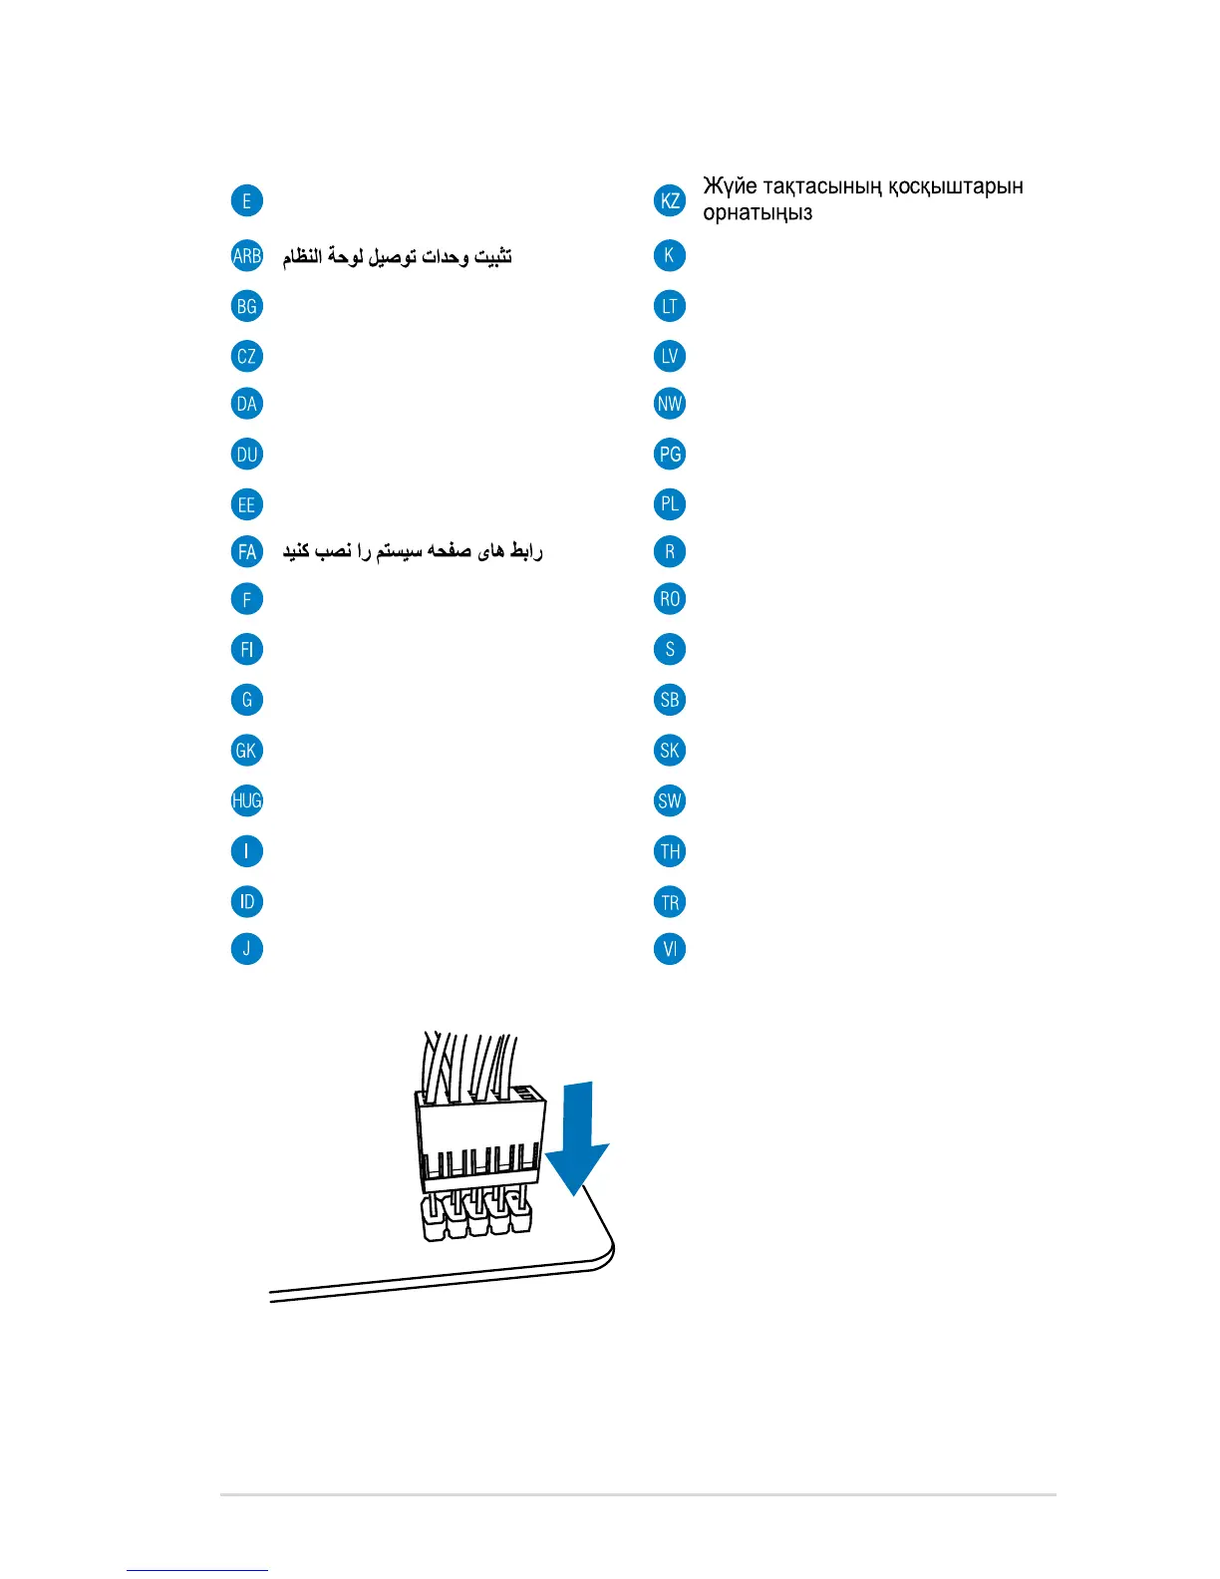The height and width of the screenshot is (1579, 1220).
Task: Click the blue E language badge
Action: pyautogui.click(x=246, y=200)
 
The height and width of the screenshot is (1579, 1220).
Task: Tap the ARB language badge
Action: pyautogui.click(x=246, y=255)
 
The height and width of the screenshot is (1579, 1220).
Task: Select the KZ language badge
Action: pyautogui.click(x=670, y=200)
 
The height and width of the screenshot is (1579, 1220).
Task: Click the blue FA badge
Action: pyautogui.click(x=246, y=551)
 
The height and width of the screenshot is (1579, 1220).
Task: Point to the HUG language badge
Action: pyautogui.click(x=246, y=800)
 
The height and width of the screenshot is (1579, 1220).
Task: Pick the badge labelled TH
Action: pyautogui.click(x=670, y=851)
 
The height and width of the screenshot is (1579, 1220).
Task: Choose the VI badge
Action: pyautogui.click(x=670, y=949)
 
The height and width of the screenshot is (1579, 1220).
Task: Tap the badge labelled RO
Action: pyautogui.click(x=670, y=599)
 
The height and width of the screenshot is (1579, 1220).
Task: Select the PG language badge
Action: pyautogui.click(x=670, y=455)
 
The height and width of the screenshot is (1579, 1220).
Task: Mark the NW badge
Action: pyautogui.click(x=670, y=404)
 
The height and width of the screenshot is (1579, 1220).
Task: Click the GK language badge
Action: pyautogui.click(x=246, y=750)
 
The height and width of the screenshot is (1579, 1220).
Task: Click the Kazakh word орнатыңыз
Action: pyautogui.click(x=758, y=213)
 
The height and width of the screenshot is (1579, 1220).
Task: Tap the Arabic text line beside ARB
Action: pyautogui.click(x=397, y=256)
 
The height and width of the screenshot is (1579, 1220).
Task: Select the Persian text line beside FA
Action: pyautogui.click(x=413, y=551)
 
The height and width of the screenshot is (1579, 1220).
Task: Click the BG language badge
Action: pyautogui.click(x=246, y=306)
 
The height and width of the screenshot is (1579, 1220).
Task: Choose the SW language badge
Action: pyautogui.click(x=670, y=800)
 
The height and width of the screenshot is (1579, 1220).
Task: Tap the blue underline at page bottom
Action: pyautogui.click(x=197, y=1570)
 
